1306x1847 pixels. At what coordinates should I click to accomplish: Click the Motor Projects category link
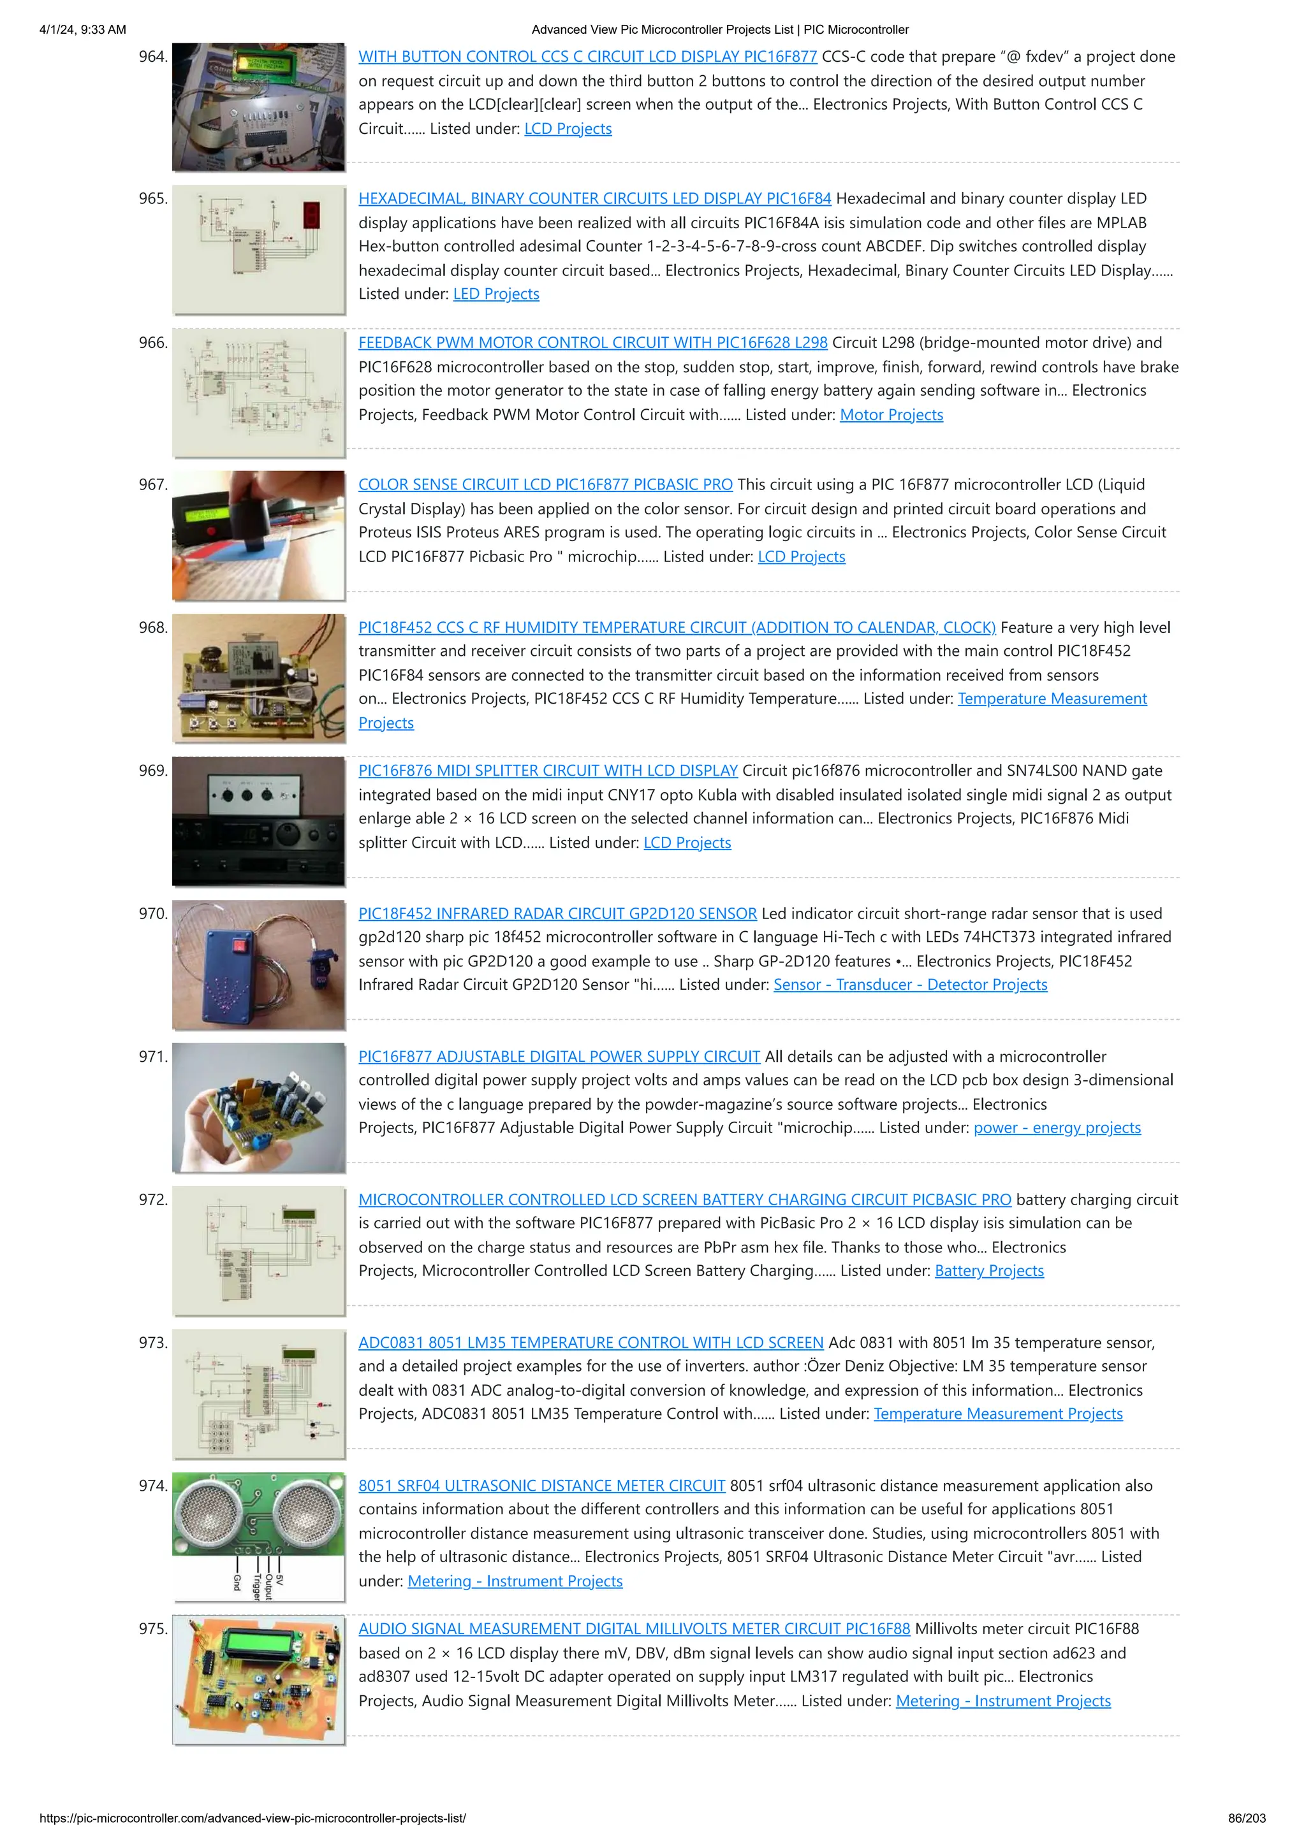tap(891, 415)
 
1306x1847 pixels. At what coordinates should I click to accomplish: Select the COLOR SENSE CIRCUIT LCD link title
tap(545, 485)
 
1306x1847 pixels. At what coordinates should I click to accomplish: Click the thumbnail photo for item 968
tap(258, 678)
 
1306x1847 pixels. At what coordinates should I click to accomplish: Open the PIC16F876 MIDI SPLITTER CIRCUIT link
tap(547, 771)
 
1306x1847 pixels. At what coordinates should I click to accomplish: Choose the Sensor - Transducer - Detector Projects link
tap(909, 985)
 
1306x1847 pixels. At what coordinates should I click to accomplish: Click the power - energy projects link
tap(1057, 1128)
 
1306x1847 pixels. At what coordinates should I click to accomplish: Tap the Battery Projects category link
tap(989, 1271)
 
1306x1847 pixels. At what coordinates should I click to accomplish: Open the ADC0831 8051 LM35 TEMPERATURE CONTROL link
tap(591, 1343)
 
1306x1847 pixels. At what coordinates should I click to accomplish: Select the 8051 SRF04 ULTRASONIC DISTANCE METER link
tap(541, 1486)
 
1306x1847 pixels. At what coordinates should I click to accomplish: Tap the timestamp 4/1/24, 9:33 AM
tap(83, 30)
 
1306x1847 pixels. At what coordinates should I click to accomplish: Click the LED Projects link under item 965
tap(495, 294)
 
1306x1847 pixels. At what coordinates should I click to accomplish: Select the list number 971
tap(152, 1057)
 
